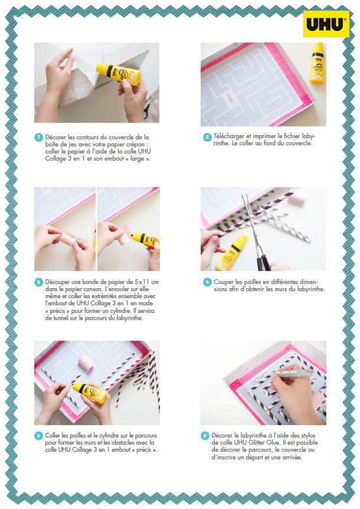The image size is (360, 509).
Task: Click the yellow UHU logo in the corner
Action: tap(326, 24)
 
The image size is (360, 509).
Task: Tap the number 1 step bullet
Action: tap(38, 137)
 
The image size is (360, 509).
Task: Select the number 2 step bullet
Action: tap(207, 137)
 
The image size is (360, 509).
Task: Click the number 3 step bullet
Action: tap(38, 282)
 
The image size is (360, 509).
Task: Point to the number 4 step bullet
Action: tap(207, 282)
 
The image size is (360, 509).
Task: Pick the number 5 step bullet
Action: tap(38, 436)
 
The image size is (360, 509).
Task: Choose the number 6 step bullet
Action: tap(205, 436)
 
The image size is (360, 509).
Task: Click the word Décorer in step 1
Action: tap(56, 138)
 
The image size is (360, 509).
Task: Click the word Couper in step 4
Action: tap(224, 282)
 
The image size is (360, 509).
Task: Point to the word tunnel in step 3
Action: tap(53, 318)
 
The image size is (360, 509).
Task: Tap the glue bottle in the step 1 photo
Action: tap(119, 74)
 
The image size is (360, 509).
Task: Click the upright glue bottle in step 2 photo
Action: tap(316, 63)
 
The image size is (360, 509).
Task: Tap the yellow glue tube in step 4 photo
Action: tap(231, 253)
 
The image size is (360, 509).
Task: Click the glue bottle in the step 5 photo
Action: tap(89, 392)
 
